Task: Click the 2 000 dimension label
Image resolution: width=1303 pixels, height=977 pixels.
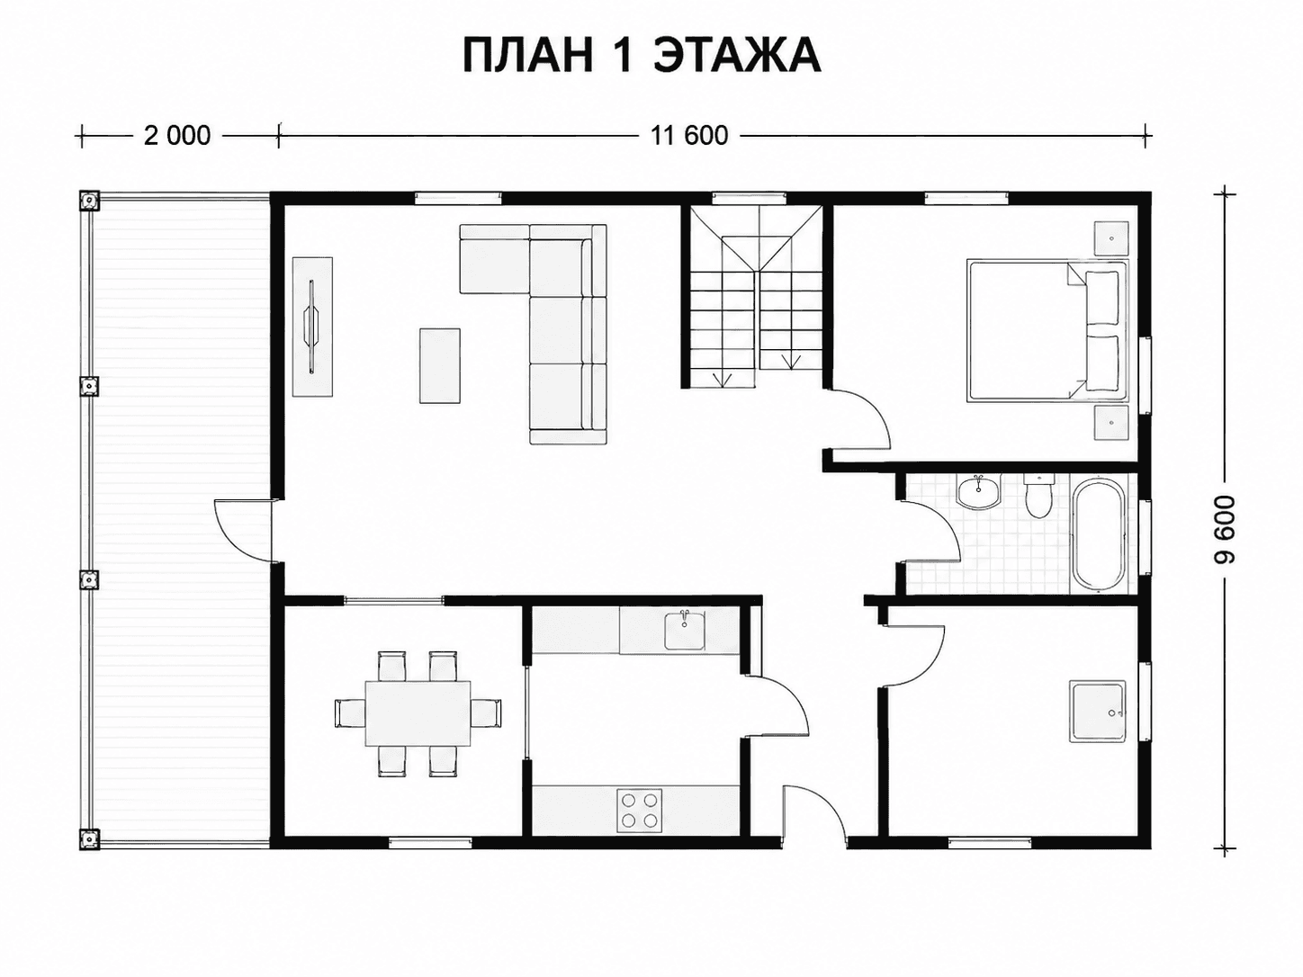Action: [177, 136]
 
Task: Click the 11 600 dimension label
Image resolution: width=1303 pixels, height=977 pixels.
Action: [689, 136]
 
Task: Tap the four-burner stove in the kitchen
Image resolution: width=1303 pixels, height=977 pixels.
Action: [639, 811]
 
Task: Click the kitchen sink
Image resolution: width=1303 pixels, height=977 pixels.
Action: [685, 631]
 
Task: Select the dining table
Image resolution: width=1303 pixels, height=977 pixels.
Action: [418, 713]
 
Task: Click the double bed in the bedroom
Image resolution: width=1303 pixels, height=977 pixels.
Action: [1047, 330]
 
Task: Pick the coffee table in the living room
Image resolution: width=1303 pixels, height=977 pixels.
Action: [440, 366]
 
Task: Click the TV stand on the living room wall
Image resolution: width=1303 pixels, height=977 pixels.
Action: [313, 327]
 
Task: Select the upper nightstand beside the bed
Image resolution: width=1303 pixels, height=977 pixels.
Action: [1111, 238]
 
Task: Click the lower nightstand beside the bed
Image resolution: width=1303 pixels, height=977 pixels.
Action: [1111, 422]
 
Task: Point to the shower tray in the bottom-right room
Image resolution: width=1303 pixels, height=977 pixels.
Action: [1098, 712]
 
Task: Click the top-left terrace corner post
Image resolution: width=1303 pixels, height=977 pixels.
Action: [89, 201]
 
